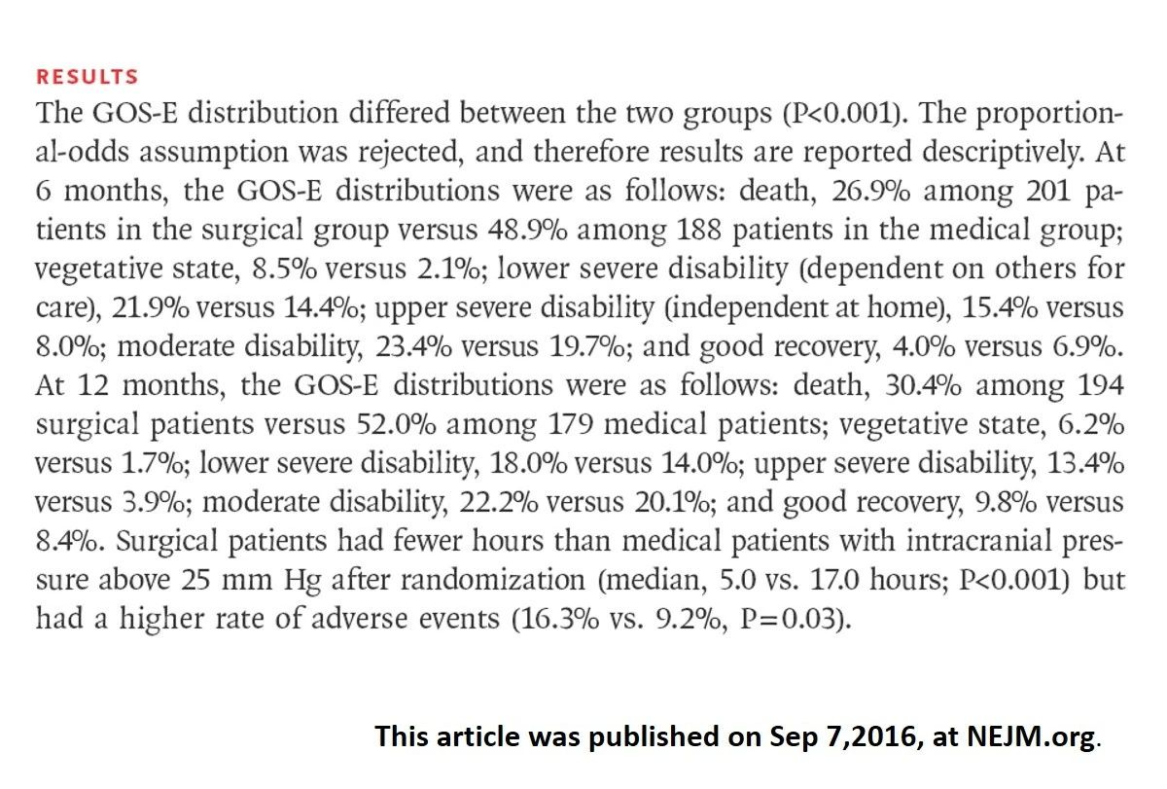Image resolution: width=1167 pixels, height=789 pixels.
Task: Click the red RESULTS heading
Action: tap(87, 77)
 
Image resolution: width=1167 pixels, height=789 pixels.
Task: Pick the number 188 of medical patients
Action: tap(698, 231)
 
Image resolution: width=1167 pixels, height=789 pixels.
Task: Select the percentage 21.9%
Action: tap(151, 308)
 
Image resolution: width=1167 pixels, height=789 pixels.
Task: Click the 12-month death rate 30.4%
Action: tap(923, 386)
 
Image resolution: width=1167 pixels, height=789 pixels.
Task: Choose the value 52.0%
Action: tap(396, 425)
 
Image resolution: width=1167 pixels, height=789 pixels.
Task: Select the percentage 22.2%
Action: tap(499, 503)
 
